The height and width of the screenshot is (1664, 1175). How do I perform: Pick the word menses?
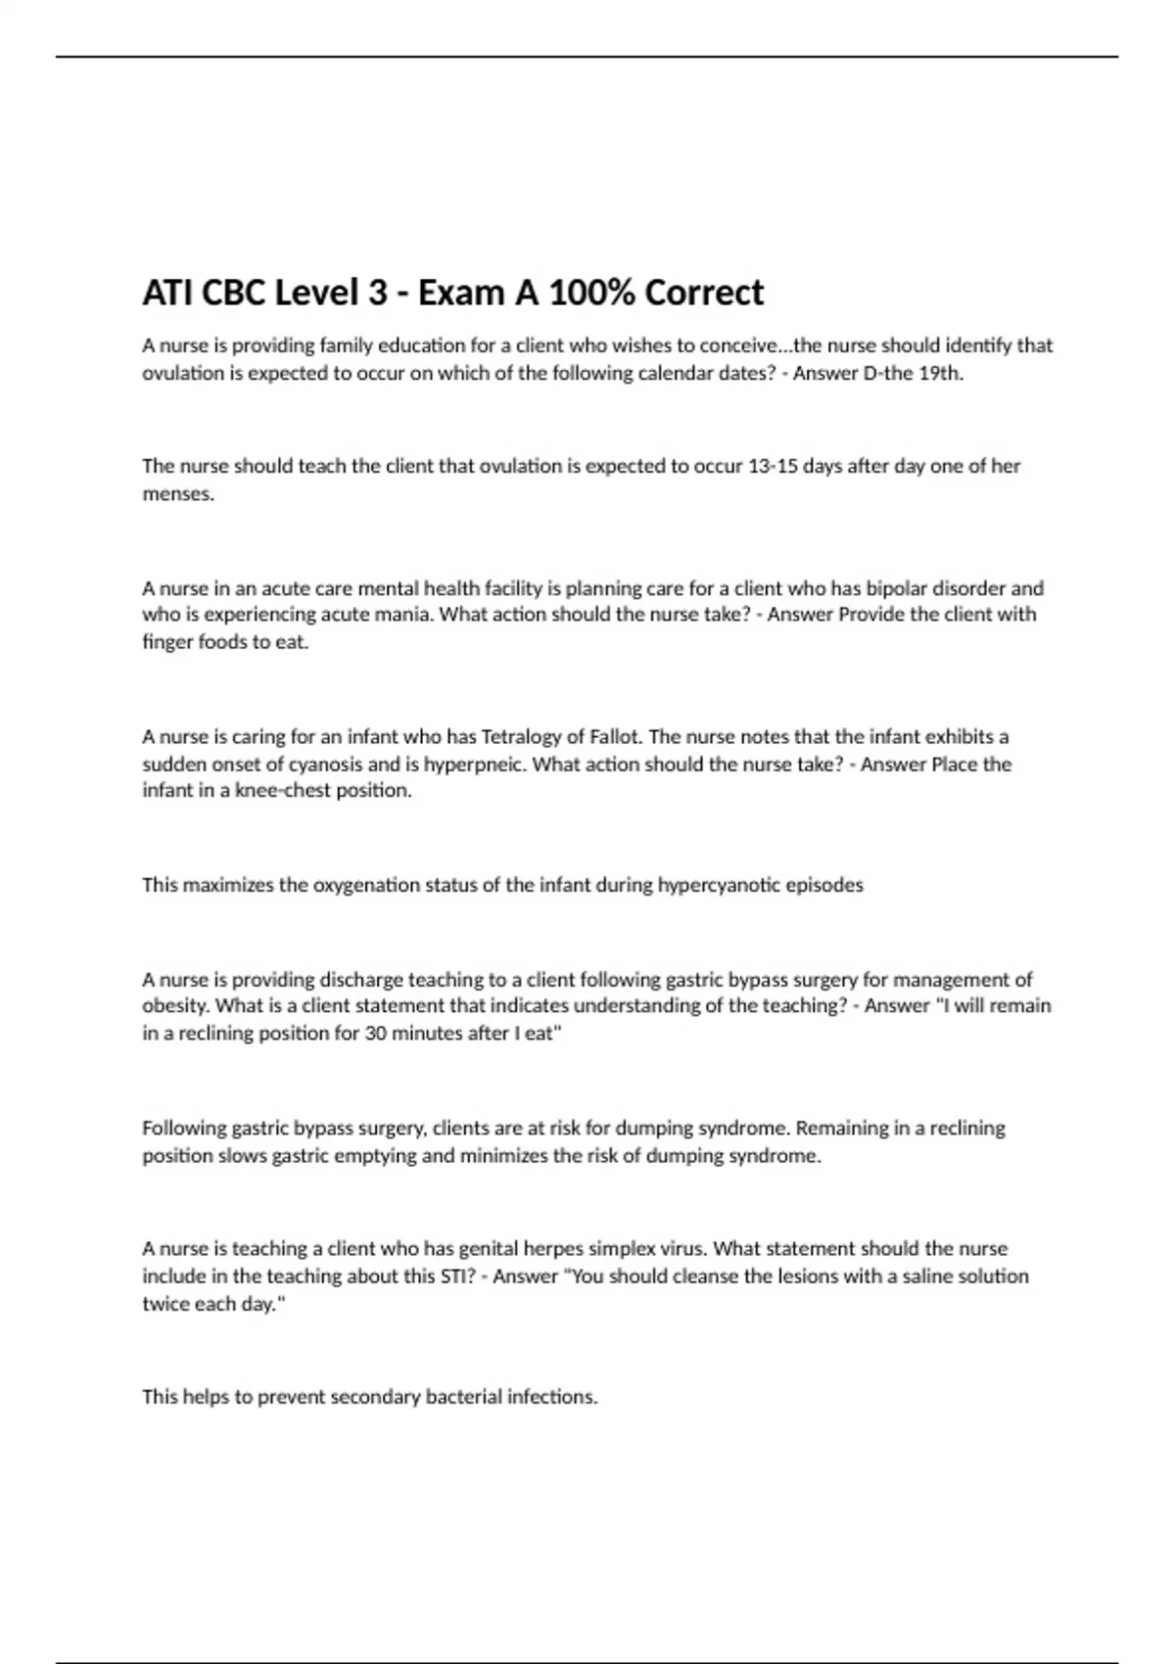177,494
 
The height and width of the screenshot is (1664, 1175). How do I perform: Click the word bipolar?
900,588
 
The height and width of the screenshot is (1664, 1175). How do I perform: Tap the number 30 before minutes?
375,1034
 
